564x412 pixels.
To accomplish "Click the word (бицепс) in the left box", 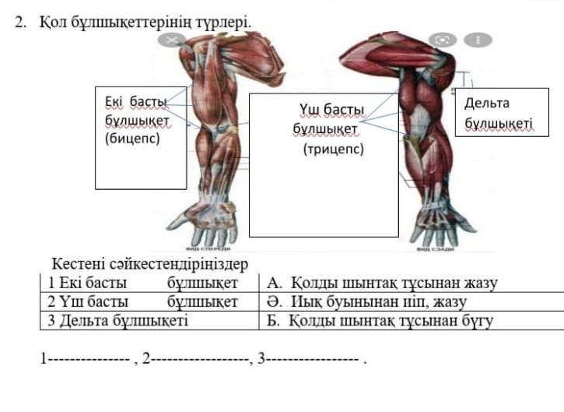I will [131, 139].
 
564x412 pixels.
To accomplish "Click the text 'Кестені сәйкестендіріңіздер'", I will [149, 265].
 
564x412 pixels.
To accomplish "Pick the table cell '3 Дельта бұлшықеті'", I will [147, 320].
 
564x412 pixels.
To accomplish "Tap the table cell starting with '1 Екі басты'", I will [147, 283].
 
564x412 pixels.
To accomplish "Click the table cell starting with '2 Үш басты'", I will [147, 301].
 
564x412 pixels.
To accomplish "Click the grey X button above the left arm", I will [170, 39].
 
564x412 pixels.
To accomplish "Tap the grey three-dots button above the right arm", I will [478, 39].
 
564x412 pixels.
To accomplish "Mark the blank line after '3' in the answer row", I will [313, 360].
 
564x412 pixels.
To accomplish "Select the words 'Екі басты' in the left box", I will [136, 102].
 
